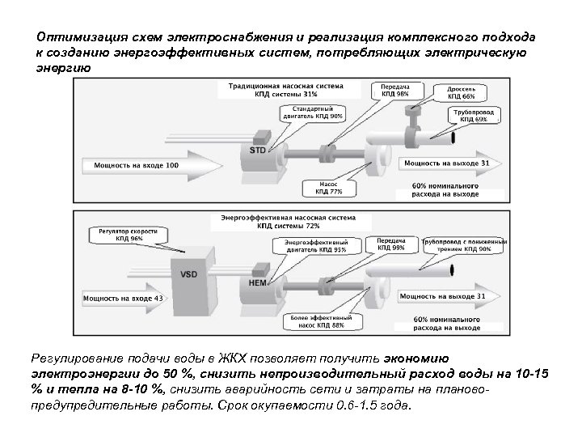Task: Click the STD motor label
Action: pos(257,151)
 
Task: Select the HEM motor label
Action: pos(256,282)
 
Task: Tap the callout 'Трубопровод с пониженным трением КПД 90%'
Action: pos(468,245)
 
